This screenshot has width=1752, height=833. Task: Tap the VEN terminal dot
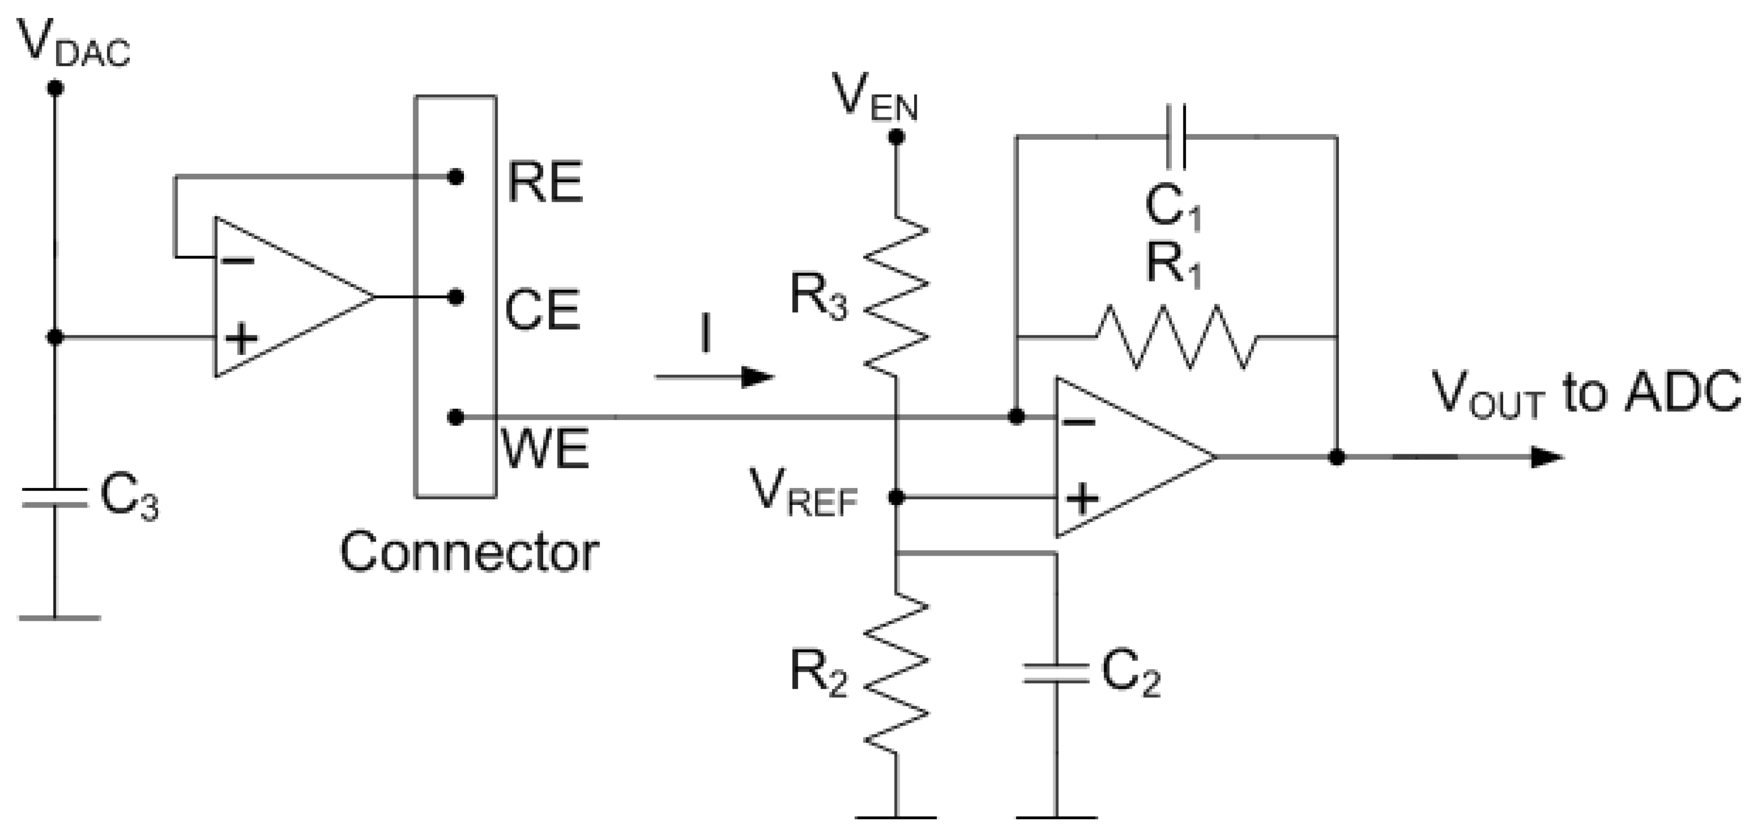click(897, 137)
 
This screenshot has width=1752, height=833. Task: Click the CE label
click(542, 311)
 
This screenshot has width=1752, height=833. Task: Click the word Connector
click(469, 552)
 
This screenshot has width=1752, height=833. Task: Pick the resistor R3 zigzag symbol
click(897, 296)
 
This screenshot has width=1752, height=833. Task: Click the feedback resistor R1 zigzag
click(1176, 336)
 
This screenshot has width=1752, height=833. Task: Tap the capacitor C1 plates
click(1176, 137)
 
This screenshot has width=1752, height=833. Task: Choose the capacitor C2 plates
click(1056, 673)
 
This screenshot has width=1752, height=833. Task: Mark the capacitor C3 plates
click(55, 497)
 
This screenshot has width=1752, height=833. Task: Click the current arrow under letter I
click(714, 376)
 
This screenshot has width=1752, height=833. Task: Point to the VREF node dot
click(897, 498)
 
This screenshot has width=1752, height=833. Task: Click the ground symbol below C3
click(59, 617)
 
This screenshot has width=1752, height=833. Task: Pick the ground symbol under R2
click(897, 816)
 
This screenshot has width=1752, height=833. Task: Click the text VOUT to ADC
click(1585, 393)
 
